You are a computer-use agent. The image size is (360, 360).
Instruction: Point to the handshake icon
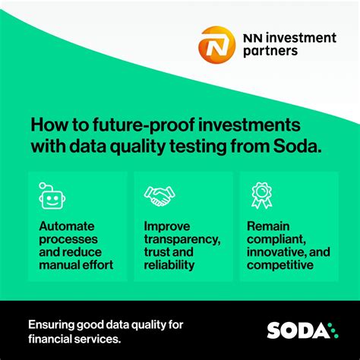pyautogui.click(x=159, y=196)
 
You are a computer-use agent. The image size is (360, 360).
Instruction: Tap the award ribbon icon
pyautogui.click(x=261, y=196)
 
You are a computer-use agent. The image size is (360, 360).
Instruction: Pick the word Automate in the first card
pyautogui.click(x=66, y=226)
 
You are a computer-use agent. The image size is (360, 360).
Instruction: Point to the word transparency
pyautogui.click(x=182, y=239)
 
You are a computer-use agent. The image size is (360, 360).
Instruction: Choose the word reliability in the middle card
pyautogui.click(x=169, y=264)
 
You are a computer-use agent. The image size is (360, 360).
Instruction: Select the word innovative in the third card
pyautogui.click(x=277, y=252)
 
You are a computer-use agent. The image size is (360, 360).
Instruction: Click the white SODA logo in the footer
pyautogui.click(x=298, y=330)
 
